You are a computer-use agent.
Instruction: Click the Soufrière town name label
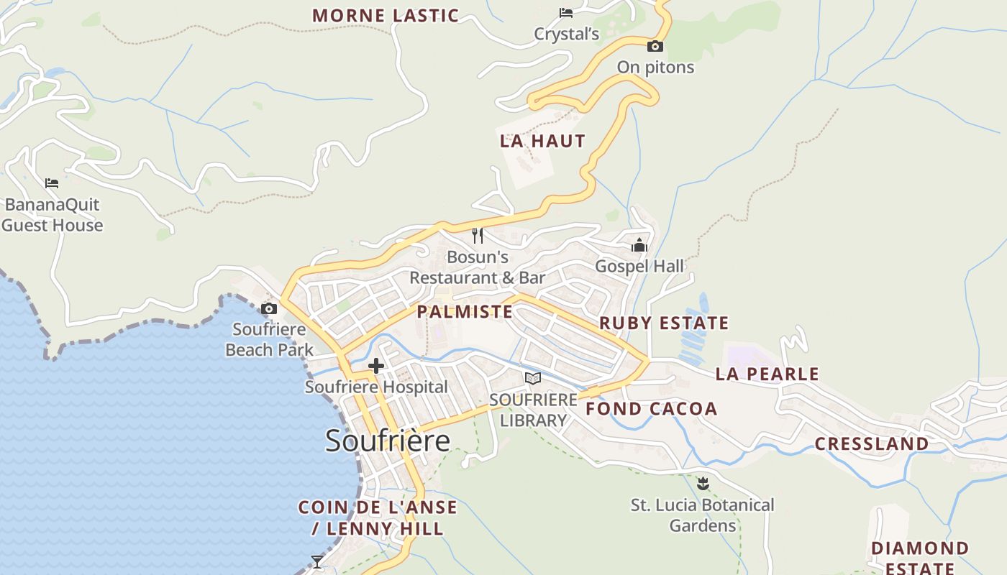coord(388,440)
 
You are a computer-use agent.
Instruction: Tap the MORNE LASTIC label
coord(386,15)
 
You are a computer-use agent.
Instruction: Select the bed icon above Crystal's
coord(566,12)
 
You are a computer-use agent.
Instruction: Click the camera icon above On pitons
coord(655,46)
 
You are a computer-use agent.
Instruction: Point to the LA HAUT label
coord(543,141)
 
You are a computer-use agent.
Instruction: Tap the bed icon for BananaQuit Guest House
coord(52,183)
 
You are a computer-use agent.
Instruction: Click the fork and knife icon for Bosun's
coord(478,235)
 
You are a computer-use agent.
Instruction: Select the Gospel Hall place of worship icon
coord(639,245)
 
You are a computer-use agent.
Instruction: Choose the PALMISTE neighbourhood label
coord(465,311)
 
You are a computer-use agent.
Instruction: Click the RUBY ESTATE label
coord(664,323)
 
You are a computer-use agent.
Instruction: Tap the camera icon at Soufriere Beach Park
coord(269,309)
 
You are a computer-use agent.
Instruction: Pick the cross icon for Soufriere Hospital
coord(375,366)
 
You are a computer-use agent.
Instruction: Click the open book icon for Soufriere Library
coord(532,378)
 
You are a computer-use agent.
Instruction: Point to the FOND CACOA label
coord(652,409)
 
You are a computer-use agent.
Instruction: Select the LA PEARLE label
coord(767,374)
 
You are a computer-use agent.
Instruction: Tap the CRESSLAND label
coord(872,443)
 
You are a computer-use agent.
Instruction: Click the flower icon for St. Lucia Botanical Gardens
coord(703,483)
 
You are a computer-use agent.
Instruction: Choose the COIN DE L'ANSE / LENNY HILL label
coord(378,517)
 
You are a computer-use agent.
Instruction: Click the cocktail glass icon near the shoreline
coord(316,561)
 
